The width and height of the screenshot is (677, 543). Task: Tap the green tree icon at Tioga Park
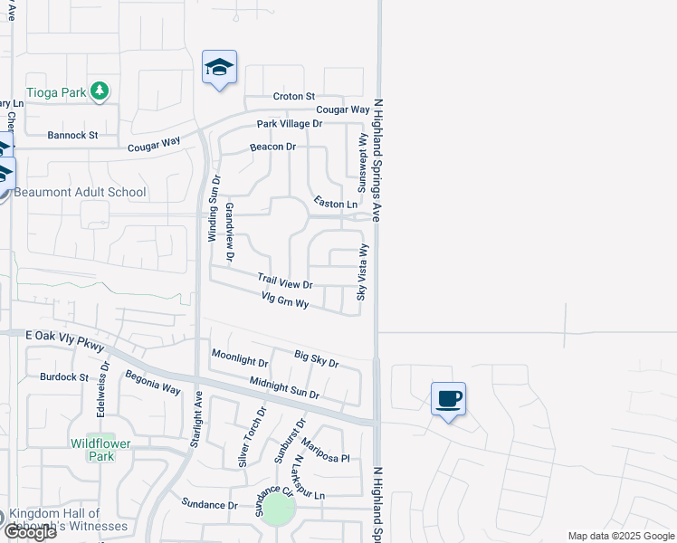pyautogui.click(x=100, y=91)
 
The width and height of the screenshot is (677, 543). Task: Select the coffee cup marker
pyautogui.click(x=448, y=399)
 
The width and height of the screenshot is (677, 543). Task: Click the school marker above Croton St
pyautogui.click(x=219, y=68)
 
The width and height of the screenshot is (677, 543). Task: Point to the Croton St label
pyautogui.click(x=293, y=96)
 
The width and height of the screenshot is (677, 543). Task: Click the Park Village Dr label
pyautogui.click(x=289, y=123)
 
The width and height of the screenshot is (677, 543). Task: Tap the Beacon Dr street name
pyautogui.click(x=272, y=147)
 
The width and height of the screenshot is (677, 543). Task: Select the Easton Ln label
pyautogui.click(x=335, y=204)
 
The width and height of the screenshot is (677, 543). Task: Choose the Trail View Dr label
pyautogui.click(x=284, y=282)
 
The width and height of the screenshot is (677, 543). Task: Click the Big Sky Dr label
pyautogui.click(x=316, y=358)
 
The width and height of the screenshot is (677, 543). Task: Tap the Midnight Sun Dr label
pyautogui.click(x=284, y=389)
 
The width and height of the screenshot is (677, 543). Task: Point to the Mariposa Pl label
pyautogui.click(x=325, y=452)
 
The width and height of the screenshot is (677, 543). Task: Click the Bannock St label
pyautogui.click(x=72, y=136)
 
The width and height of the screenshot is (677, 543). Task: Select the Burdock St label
pyautogui.click(x=63, y=376)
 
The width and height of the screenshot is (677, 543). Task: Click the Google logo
pyautogui.click(x=29, y=531)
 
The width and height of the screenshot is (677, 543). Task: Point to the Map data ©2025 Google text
pyautogui.click(x=620, y=536)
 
